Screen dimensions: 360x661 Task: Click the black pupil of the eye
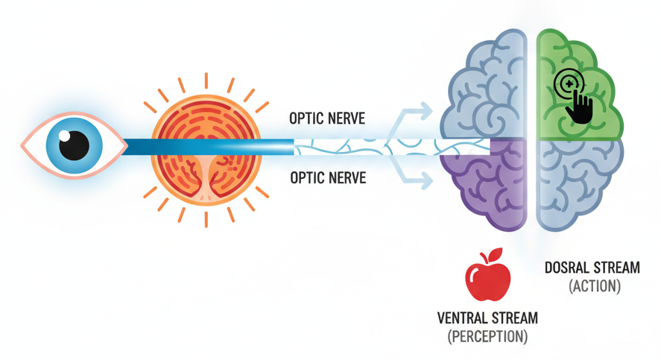click(x=74, y=145)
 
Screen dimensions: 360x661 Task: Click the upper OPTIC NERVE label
click(x=327, y=119)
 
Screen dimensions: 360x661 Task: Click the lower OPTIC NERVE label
click(x=327, y=179)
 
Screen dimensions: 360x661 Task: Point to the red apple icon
click(x=487, y=278)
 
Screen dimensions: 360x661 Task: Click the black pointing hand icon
click(x=578, y=107)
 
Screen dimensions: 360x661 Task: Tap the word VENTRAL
click(x=462, y=319)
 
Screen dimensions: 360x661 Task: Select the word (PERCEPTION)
click(x=487, y=336)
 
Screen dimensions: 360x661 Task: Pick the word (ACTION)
click(x=594, y=286)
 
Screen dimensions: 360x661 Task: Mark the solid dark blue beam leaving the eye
click(x=201, y=148)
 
